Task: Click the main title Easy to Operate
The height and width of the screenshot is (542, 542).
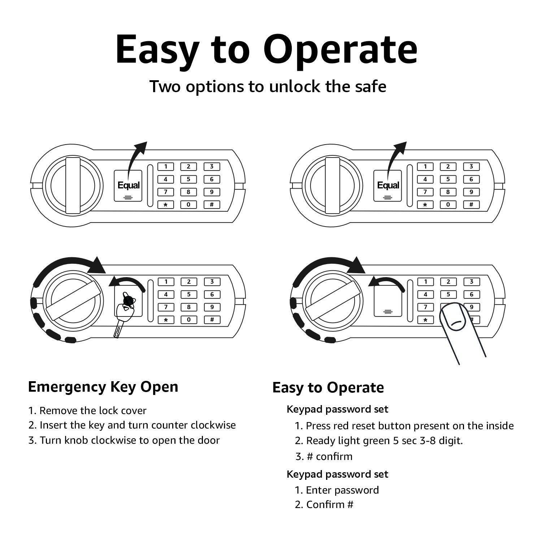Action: point(266,49)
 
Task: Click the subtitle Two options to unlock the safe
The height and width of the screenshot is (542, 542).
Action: point(268,87)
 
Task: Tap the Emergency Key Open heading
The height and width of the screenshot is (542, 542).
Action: point(103,387)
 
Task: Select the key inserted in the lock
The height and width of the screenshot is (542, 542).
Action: point(123,313)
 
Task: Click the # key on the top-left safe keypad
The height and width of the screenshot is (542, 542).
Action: point(212,205)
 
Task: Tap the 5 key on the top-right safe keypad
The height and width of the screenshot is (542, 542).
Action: point(448,179)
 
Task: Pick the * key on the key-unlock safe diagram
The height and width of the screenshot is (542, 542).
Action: point(166,320)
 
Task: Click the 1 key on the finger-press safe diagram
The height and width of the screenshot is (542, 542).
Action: point(425,281)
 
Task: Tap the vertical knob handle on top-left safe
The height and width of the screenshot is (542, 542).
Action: point(73,185)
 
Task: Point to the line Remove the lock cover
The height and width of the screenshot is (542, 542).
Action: point(87,411)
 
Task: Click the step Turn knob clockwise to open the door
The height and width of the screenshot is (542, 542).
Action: point(124,440)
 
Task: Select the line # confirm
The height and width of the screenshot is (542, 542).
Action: point(324,456)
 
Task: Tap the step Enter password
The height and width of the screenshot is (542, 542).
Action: point(337,490)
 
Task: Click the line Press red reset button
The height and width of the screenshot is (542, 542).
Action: point(404,426)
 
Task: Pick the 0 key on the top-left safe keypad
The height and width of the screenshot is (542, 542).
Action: point(188,205)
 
